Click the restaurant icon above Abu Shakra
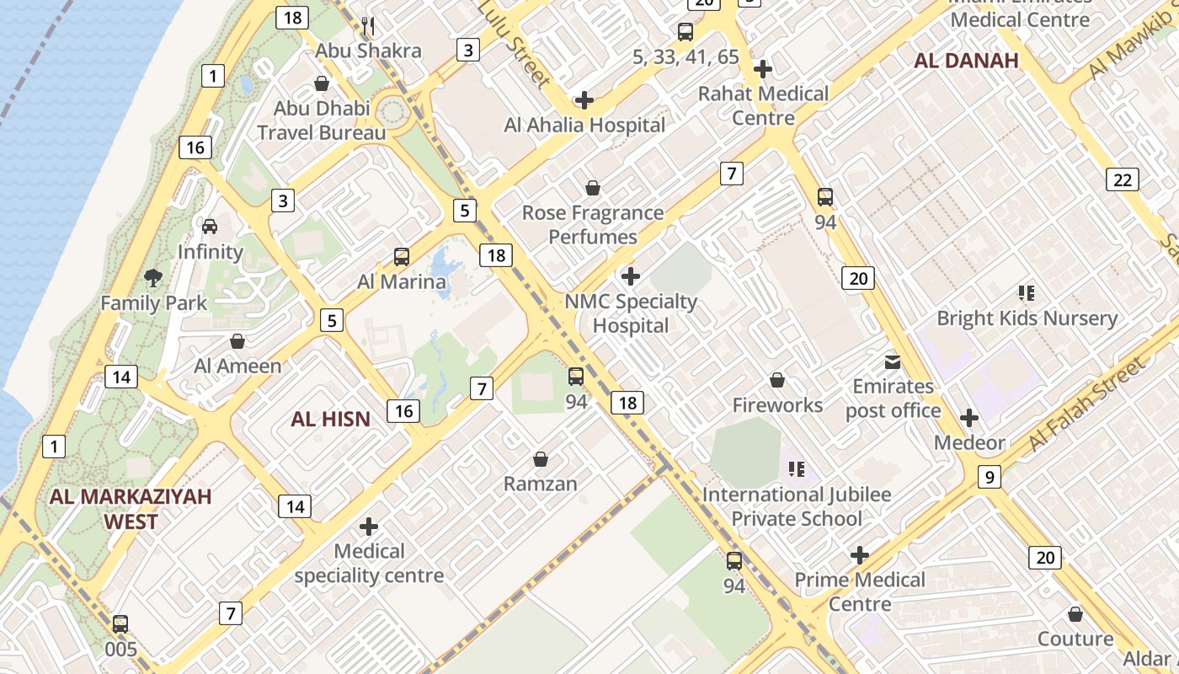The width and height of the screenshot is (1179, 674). click(x=368, y=26)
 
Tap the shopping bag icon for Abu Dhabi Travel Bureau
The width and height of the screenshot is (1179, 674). click(x=321, y=83)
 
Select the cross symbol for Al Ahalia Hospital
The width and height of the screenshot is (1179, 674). click(x=584, y=101)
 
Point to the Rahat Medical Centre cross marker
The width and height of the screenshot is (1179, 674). click(x=763, y=68)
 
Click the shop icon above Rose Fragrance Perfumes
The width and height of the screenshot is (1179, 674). click(x=593, y=188)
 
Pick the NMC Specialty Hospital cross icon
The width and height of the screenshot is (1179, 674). click(x=630, y=276)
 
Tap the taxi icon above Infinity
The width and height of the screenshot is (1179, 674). click(x=210, y=226)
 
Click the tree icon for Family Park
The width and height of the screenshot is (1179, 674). click(x=153, y=277)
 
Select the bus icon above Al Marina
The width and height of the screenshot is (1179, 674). click(x=402, y=257)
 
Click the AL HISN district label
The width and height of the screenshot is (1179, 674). click(x=330, y=419)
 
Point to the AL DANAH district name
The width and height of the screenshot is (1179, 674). click(x=966, y=61)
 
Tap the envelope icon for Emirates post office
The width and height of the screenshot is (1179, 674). click(x=892, y=362)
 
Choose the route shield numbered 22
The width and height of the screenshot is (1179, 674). click(x=1123, y=179)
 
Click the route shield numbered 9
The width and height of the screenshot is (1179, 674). click(x=990, y=477)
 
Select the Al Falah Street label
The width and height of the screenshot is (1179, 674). click(x=1087, y=404)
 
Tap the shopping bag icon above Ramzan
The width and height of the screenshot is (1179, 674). click(x=541, y=459)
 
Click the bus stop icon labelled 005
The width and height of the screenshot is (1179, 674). click(x=120, y=624)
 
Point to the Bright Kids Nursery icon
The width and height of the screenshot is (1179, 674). click(x=1026, y=293)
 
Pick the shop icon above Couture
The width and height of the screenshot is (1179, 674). click(x=1075, y=614)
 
